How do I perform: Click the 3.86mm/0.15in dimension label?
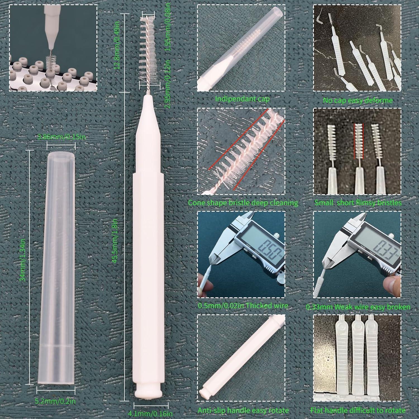pos(62,137)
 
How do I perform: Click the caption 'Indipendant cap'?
pos(242,99)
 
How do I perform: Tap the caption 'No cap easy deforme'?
pos(358,100)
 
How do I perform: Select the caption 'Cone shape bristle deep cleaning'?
pos(243,203)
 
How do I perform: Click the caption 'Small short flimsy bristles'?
pos(358,203)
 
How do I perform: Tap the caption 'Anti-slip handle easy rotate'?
pos(243,410)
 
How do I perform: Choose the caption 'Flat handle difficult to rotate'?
pos(358,410)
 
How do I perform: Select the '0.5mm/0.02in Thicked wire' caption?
pos(243,306)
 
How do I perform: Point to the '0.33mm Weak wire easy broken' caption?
pos(358,307)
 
